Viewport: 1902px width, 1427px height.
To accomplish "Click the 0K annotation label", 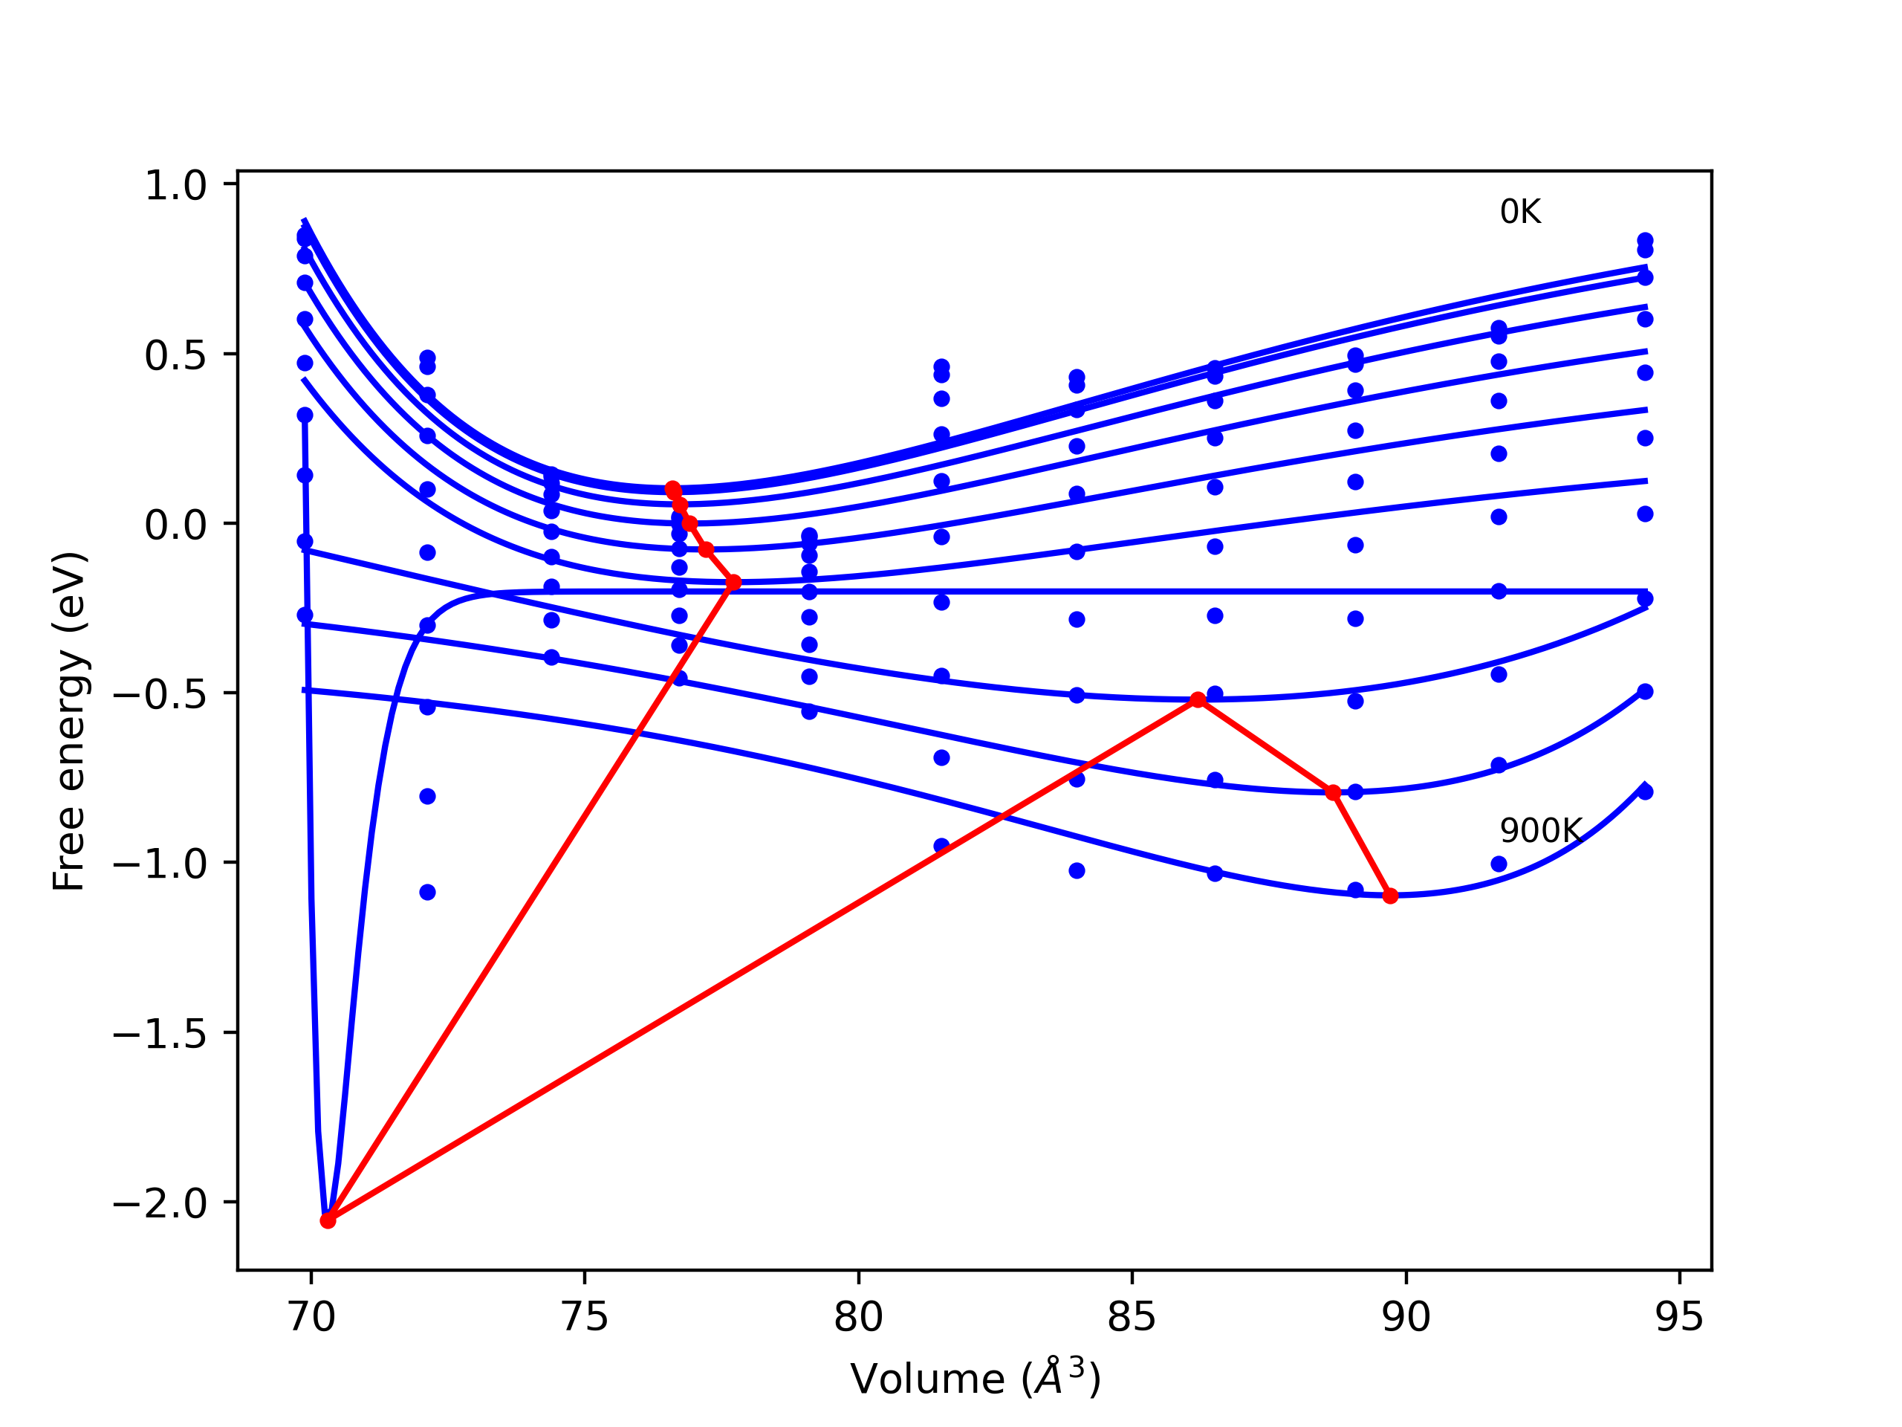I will pos(1520,213).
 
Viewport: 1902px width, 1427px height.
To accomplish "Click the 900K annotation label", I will pos(1540,831).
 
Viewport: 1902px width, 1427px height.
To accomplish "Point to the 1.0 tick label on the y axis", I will pos(175,186).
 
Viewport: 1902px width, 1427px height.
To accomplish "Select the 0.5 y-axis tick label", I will pos(175,355).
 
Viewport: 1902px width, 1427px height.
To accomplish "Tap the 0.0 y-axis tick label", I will pos(175,525).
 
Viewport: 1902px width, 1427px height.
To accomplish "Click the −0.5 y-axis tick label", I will pos(160,694).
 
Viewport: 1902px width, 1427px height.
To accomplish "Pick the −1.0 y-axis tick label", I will pos(160,864).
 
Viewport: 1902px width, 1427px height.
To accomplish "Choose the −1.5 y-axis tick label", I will pos(160,1033).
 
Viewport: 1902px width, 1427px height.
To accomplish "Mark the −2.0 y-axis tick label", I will pos(160,1203).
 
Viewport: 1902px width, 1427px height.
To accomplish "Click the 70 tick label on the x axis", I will pos(311,1317).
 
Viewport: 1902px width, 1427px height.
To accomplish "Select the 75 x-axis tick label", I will pos(585,1317).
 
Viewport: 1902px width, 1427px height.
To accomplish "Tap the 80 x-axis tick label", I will pos(858,1317).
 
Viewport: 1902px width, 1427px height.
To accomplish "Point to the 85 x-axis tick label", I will pos(1132,1317).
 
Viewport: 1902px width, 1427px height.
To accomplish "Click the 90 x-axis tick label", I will pos(1406,1317).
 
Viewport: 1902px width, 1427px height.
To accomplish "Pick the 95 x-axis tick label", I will pos(1679,1317).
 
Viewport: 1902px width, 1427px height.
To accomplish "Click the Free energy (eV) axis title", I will pos(69,721).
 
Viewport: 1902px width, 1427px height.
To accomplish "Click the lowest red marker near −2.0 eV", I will pos(328,1220).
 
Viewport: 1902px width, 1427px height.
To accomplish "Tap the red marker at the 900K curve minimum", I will pos(1390,896).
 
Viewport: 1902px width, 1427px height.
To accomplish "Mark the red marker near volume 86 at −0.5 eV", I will pos(1198,700).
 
